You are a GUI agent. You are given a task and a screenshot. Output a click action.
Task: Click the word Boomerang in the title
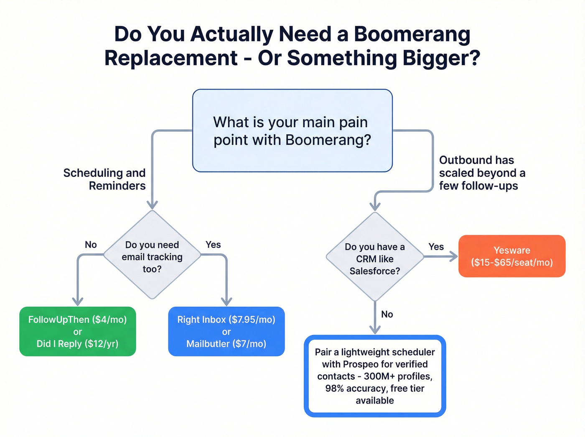click(x=412, y=34)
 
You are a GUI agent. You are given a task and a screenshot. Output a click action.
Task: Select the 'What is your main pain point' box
click(x=292, y=130)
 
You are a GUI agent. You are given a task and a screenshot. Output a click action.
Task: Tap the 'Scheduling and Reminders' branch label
click(x=104, y=179)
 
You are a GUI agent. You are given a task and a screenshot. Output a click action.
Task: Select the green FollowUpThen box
click(x=78, y=331)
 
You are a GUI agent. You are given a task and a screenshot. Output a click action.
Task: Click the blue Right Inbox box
click(x=226, y=331)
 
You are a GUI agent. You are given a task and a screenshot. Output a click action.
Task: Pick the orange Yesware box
click(x=511, y=256)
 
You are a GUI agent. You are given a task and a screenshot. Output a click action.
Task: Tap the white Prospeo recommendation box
click(x=375, y=376)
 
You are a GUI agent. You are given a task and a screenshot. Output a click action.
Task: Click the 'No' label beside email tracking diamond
click(x=91, y=245)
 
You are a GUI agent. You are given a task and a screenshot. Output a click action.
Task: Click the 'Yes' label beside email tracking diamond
click(x=213, y=245)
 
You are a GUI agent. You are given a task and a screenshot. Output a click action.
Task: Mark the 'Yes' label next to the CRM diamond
click(x=436, y=247)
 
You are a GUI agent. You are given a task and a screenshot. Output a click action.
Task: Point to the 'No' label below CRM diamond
click(x=387, y=314)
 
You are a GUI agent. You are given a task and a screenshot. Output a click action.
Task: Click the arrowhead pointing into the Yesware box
click(x=454, y=256)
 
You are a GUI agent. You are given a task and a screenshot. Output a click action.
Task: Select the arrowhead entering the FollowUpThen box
click(x=78, y=302)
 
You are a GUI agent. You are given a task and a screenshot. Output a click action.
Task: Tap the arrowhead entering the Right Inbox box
click(x=226, y=302)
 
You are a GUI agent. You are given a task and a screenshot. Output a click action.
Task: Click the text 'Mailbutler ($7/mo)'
click(x=226, y=344)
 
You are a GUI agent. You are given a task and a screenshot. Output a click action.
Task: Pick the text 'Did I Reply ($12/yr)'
click(x=78, y=344)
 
